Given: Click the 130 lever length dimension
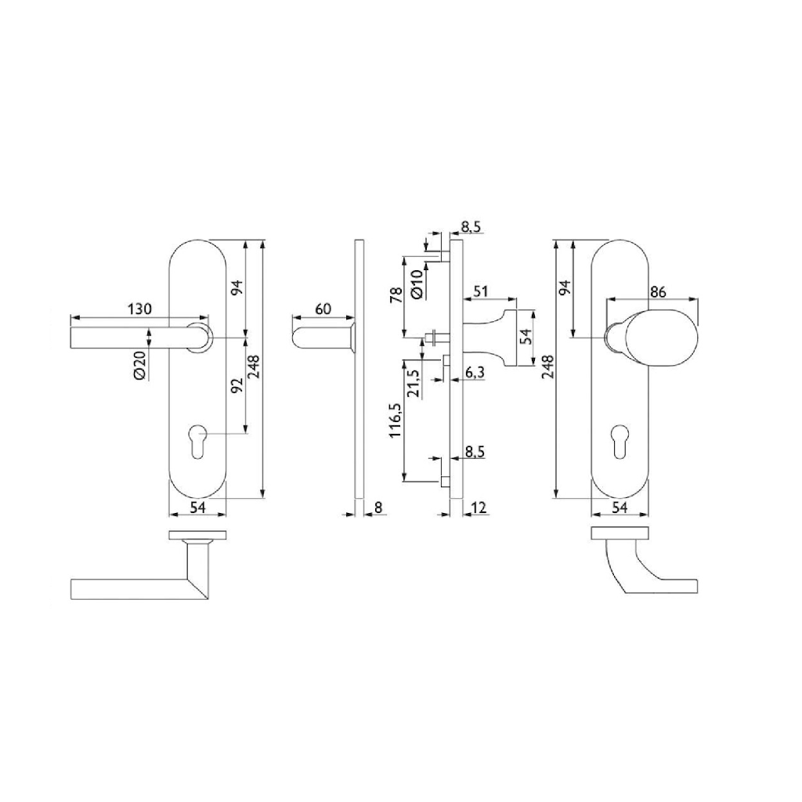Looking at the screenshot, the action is (139, 309).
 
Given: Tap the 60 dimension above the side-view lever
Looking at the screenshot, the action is (323, 309).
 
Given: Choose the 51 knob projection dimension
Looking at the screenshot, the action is (480, 291).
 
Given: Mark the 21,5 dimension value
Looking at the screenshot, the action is (414, 384).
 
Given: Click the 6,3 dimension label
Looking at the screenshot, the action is (475, 373).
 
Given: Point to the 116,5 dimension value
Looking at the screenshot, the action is (396, 420).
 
